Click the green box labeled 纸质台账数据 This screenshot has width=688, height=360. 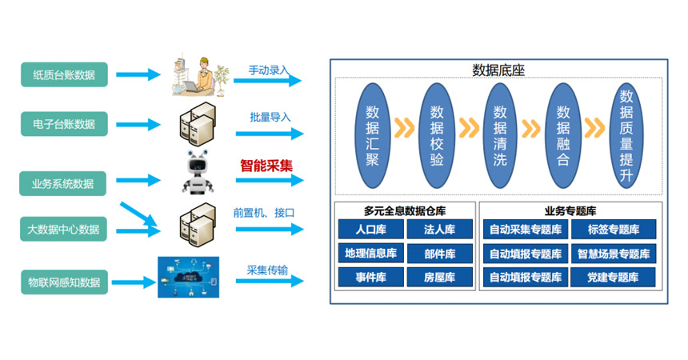(x=64, y=75)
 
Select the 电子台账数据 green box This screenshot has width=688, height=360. (x=64, y=124)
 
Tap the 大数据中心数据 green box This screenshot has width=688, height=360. (x=64, y=230)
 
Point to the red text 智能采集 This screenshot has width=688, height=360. (x=266, y=166)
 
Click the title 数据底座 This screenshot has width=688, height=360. (x=498, y=70)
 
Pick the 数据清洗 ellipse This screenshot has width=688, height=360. (x=500, y=134)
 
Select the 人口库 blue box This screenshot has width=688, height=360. (x=370, y=230)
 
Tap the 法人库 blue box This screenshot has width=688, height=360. (x=439, y=230)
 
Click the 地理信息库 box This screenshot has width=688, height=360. (x=370, y=254)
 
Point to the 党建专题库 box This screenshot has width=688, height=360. (x=614, y=278)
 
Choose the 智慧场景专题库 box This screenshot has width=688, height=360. (x=614, y=254)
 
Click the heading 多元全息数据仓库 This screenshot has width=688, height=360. (x=404, y=211)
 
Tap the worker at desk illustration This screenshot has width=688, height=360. (x=195, y=76)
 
